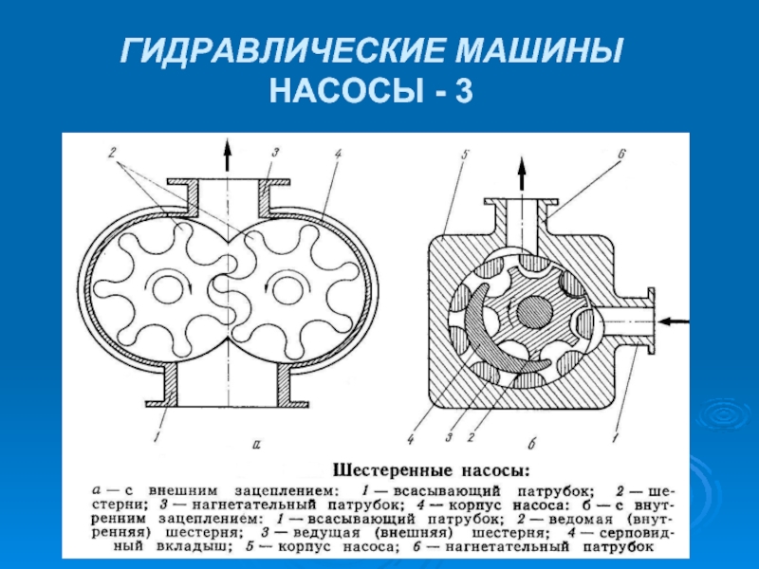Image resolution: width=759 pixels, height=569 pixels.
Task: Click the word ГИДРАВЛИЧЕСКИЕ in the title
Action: click(282, 50)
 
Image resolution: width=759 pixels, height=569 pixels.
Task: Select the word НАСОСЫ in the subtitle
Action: click(345, 91)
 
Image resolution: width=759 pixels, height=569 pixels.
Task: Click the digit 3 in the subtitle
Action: click(463, 91)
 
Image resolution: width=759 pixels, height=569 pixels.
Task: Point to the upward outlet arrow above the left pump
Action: click(226, 155)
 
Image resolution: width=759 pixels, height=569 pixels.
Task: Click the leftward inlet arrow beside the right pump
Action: click(674, 321)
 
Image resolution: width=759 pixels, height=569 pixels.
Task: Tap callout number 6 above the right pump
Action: click(622, 154)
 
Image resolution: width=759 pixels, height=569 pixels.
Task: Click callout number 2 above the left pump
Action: click(111, 153)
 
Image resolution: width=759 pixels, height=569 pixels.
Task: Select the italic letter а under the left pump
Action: click(256, 444)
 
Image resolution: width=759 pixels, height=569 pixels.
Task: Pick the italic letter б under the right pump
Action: click(532, 443)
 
